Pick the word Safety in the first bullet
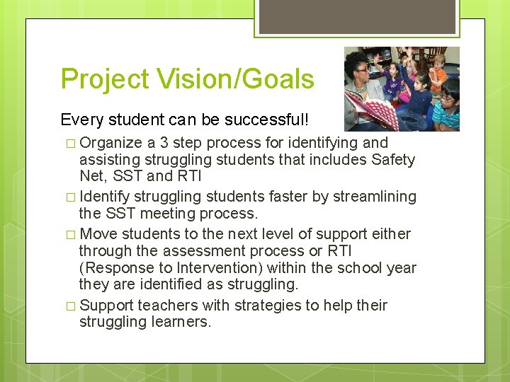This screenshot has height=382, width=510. (393, 160)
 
